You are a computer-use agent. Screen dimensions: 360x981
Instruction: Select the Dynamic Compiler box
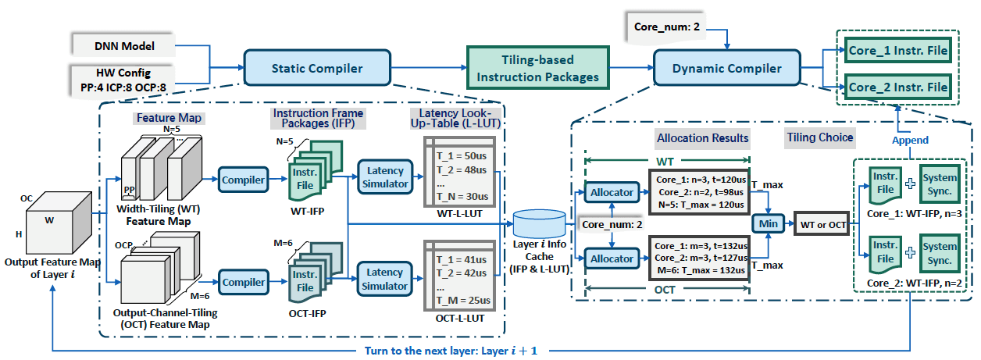coord(726,69)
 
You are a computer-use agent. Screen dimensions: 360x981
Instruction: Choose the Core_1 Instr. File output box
coord(898,52)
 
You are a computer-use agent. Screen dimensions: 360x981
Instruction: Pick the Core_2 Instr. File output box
coord(898,86)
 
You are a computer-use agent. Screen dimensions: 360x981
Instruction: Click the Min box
coord(766,223)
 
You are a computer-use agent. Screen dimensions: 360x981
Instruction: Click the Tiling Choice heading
coord(820,137)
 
